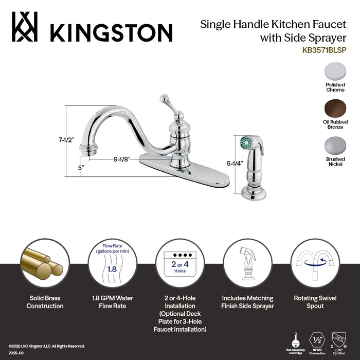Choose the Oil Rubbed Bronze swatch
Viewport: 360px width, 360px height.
[335, 109]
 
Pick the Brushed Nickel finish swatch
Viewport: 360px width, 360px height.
[335, 146]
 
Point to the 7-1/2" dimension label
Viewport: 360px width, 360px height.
[66, 139]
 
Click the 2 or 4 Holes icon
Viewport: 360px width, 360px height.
[179, 264]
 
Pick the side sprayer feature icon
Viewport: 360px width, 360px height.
[247, 264]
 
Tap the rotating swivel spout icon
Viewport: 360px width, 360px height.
[315, 264]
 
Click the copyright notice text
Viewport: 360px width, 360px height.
[46, 346]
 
